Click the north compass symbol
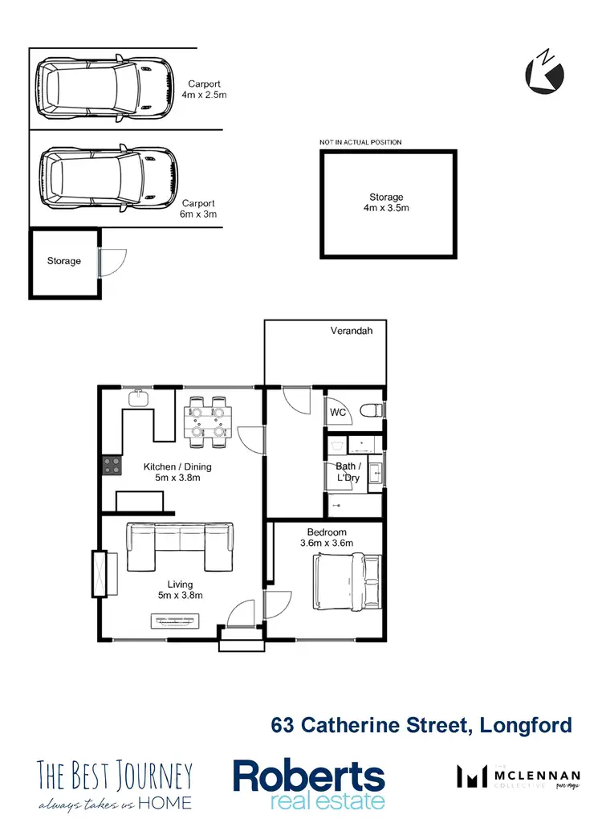pos(544,73)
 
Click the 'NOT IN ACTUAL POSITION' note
pos(360,142)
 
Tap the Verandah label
pos(352,330)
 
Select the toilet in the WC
pos(372,411)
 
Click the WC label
pos(338,413)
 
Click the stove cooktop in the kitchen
pos(110,464)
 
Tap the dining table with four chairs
pos(209,421)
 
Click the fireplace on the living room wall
pos(100,573)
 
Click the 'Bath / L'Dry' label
pos(348,472)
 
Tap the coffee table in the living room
pos(174,620)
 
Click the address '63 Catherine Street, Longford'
pos(421,725)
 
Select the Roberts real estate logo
pos(309,784)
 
